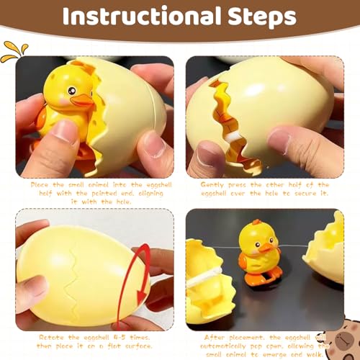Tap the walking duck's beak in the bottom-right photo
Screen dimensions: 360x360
point(267,248)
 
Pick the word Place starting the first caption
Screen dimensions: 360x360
point(41,184)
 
